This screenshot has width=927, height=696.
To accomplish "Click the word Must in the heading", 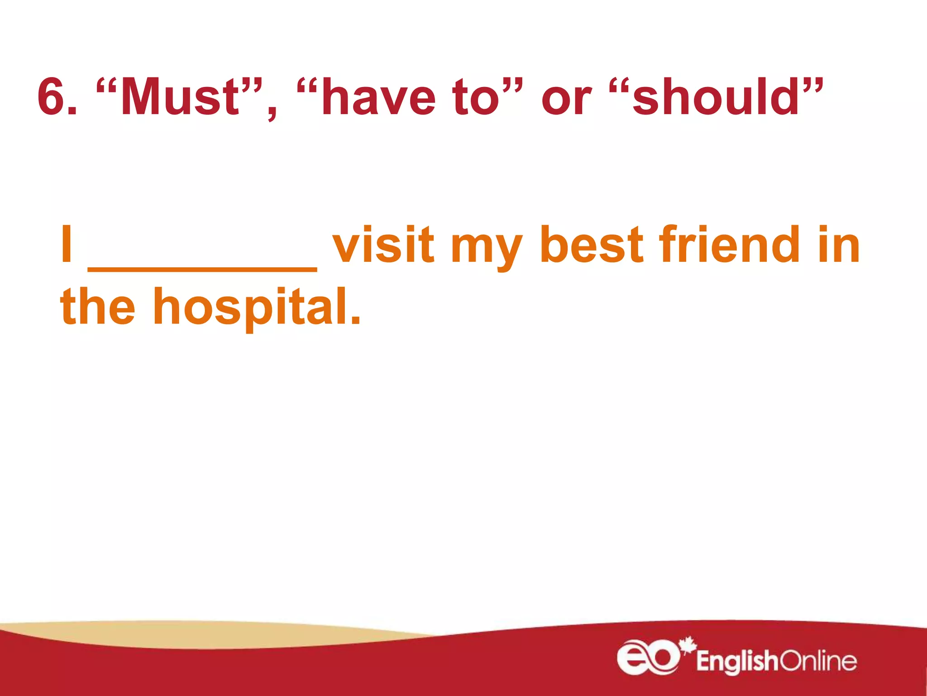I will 179,97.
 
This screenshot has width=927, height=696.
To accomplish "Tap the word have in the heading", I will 378,97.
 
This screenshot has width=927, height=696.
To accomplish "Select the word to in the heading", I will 475,97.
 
